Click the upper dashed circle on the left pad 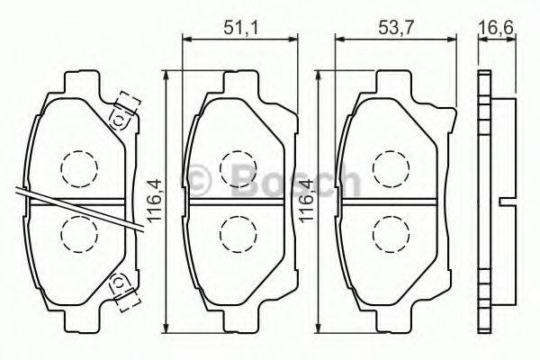point(78,166)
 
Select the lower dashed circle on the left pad point(78,233)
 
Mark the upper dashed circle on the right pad point(389,166)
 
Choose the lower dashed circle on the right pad point(389,232)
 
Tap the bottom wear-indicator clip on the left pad point(121,286)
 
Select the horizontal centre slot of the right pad point(389,199)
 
